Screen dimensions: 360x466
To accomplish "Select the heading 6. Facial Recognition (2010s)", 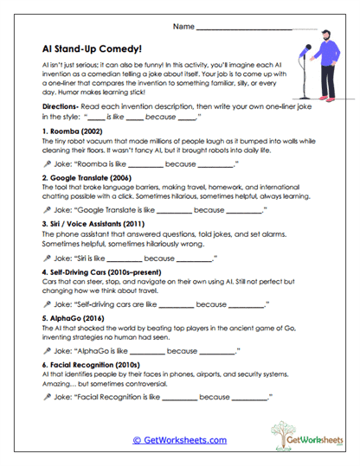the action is click(98, 365).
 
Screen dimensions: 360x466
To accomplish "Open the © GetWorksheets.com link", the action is click(179, 440).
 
